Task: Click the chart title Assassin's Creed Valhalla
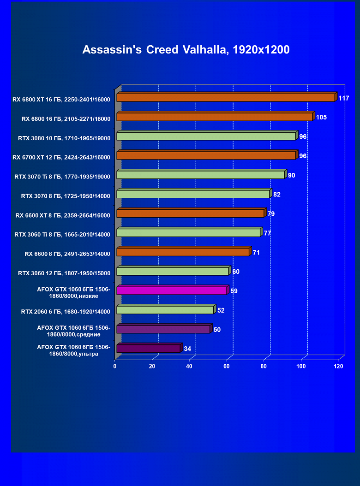pyautogui.click(x=186, y=50)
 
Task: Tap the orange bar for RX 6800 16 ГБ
pyautogui.click(x=214, y=117)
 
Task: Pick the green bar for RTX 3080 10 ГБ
pyautogui.click(x=206, y=136)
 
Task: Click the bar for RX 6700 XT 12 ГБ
pyautogui.click(x=206, y=156)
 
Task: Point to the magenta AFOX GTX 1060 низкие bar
pyautogui.click(x=172, y=290)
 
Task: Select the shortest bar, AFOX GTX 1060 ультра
pyautogui.click(x=148, y=349)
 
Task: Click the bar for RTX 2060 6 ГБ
pyautogui.click(x=165, y=310)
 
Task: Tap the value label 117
pyautogui.click(x=343, y=98)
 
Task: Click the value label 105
pyautogui.click(x=321, y=118)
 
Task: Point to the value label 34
pyautogui.click(x=187, y=349)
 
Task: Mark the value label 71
pyautogui.click(x=256, y=253)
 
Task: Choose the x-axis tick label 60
pyautogui.click(x=226, y=367)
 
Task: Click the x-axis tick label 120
pyautogui.click(x=338, y=367)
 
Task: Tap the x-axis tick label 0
pyautogui.click(x=115, y=367)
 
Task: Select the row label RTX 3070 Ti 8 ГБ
pyautogui.click(x=64, y=177)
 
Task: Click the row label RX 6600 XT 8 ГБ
pyautogui.click(x=63, y=215)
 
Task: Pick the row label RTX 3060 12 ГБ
pyautogui.click(x=64, y=273)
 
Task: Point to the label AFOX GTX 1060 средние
pyautogui.click(x=74, y=331)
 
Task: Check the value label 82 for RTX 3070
pyautogui.click(x=277, y=195)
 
